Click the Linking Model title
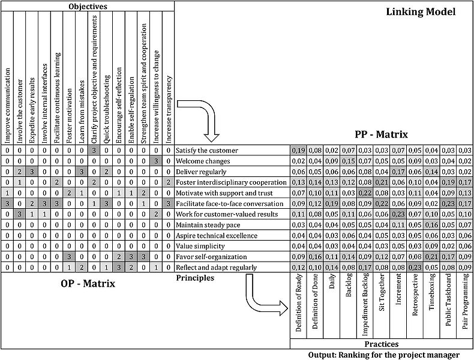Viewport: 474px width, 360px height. pos(421,12)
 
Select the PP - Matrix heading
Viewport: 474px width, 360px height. pos(381,134)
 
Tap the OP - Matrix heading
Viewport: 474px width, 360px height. pos(88,284)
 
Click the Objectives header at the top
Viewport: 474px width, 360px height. pos(88,7)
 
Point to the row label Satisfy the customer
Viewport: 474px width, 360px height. pos(207,150)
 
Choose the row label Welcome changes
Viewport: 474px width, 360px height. pos(203,161)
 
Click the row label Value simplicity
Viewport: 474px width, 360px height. pos(200,246)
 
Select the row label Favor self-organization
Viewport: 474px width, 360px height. pos(211,257)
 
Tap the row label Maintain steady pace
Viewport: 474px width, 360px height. pos(208,225)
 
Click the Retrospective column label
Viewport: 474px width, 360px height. pos(415,295)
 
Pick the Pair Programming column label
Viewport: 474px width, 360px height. pos(465,301)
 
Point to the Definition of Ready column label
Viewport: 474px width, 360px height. pos(299,302)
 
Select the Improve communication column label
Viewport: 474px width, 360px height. pos(7,105)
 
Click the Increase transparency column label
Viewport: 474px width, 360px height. pos(169,109)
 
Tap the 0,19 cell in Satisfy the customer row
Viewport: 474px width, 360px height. pos(299,150)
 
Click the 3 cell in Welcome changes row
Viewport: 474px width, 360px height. pos(156,161)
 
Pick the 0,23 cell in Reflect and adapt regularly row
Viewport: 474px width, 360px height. pos(415,268)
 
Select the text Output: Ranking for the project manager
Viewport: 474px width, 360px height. pos(384,355)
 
